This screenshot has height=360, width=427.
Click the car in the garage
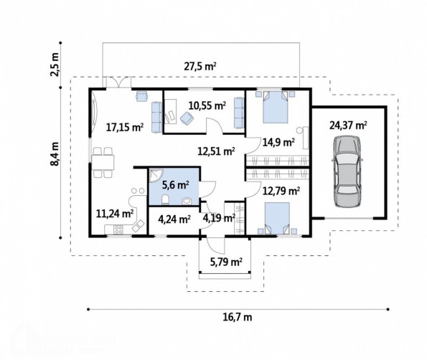coord(347,171)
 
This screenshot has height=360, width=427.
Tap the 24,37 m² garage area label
coord(348,125)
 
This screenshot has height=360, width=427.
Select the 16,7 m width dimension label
coord(238,317)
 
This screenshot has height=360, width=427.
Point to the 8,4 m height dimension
coord(55,153)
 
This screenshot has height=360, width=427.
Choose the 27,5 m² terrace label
coord(200,67)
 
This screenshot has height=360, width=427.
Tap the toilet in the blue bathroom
coord(165,199)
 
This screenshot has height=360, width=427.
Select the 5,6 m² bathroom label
coord(176,185)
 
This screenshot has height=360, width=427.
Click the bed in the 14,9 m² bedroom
coord(276,107)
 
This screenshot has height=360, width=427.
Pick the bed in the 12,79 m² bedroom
coord(277,218)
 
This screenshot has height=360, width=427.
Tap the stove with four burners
coord(118,229)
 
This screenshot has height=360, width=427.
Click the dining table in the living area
coord(103,162)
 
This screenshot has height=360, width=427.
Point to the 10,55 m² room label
coord(207,105)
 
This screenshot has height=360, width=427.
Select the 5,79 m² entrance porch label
coord(226,262)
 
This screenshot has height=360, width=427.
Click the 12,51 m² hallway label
coord(216,151)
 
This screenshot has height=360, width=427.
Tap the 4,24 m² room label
coord(174,219)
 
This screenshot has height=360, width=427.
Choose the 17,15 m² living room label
coord(125,127)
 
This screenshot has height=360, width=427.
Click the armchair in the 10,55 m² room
coord(187,118)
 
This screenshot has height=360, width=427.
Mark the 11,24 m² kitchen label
coord(115,214)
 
